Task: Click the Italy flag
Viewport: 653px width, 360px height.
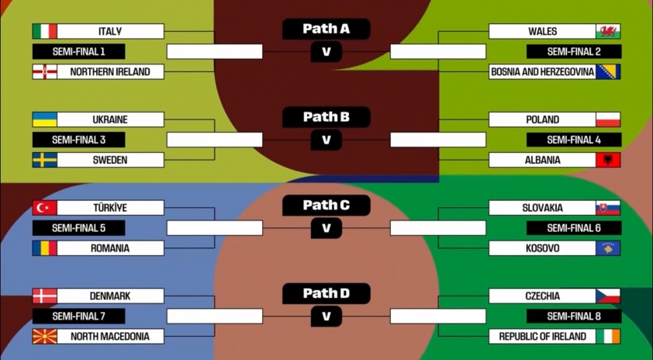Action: [x=44, y=31]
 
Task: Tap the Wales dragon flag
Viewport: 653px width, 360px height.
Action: [x=608, y=31]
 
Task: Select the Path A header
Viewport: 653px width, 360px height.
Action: [x=326, y=29]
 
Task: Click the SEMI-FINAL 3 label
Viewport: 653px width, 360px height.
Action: [x=78, y=140]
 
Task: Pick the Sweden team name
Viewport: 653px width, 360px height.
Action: [x=110, y=160]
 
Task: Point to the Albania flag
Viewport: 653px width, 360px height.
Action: [x=608, y=160]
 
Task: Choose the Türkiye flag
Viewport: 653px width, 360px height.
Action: [x=44, y=208]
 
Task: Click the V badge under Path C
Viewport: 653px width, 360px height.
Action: [x=326, y=228]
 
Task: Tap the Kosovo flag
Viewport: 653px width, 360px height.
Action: [x=608, y=248]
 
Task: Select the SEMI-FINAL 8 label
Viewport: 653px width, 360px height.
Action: [x=574, y=317]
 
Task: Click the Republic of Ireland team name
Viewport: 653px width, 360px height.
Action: [x=542, y=337]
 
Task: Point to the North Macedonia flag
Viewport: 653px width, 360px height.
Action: [x=44, y=337]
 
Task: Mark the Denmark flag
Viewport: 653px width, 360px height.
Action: [x=44, y=296]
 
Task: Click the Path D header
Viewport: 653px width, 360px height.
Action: [x=326, y=293]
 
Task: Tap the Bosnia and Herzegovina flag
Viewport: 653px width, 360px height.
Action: [x=608, y=72]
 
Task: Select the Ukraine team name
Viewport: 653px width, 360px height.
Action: [x=110, y=119]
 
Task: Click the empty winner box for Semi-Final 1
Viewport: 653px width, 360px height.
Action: [x=215, y=52]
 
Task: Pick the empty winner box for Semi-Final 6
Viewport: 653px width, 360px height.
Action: [x=438, y=228]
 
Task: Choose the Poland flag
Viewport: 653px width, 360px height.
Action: [x=608, y=119]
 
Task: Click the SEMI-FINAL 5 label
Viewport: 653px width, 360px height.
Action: [x=78, y=228]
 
